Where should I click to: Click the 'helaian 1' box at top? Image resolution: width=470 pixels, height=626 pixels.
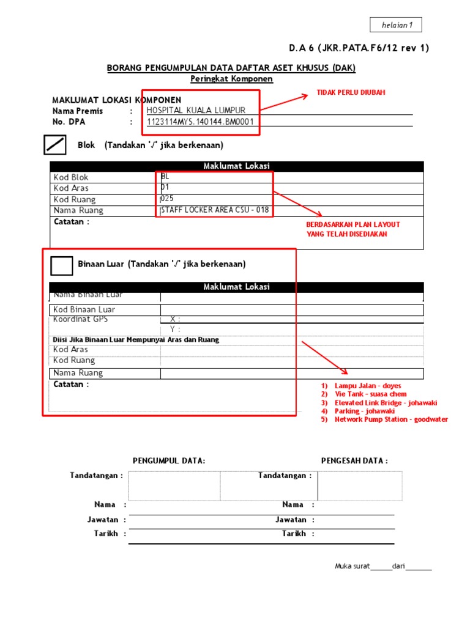[396, 25]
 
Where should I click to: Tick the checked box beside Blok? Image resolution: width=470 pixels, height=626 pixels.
[55, 145]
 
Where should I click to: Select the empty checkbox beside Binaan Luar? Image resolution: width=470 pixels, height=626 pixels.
[61, 265]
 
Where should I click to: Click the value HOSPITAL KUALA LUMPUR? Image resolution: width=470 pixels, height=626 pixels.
[196, 110]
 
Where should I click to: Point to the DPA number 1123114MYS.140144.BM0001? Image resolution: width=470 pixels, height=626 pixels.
[200, 122]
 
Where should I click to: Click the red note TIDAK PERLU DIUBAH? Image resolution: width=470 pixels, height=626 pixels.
[351, 92]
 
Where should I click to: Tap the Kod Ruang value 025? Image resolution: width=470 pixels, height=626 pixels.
[166, 199]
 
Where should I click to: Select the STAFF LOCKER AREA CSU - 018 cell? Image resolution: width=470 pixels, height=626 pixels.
[214, 210]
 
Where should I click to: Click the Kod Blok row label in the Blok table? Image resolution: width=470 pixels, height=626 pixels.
[71, 177]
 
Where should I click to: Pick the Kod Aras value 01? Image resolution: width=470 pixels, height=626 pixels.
[165, 188]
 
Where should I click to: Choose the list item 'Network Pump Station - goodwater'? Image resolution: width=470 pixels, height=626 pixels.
[391, 419]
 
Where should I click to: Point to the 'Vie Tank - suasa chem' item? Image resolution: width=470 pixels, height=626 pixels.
[370, 394]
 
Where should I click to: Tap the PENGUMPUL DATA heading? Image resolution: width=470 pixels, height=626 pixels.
[169, 461]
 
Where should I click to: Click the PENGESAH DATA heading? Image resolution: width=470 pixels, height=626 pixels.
[354, 461]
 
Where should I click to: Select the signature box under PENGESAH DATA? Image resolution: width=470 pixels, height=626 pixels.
[360, 485]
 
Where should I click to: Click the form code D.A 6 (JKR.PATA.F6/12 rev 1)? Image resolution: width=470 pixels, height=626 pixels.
[359, 49]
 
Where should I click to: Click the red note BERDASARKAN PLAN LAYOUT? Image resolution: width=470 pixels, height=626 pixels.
[353, 224]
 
